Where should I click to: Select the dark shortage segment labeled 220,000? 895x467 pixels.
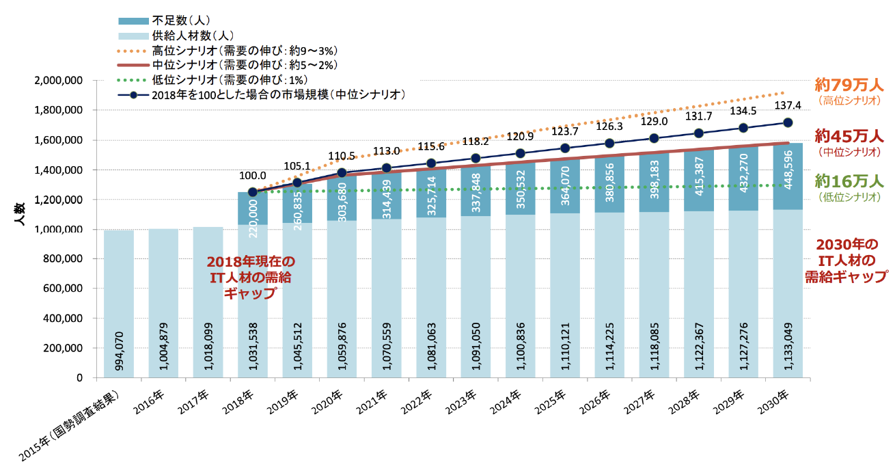coord(252,209)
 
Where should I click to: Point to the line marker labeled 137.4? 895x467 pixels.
coord(787,122)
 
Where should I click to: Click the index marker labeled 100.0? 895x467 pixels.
coord(252,192)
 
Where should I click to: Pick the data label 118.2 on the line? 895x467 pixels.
coord(476,142)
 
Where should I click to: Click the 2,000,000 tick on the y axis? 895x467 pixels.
coord(58,80)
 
